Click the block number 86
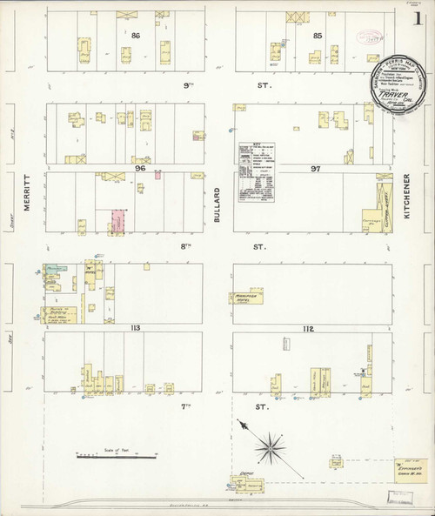point(137,36)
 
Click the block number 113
point(135,328)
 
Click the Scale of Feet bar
point(117,455)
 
